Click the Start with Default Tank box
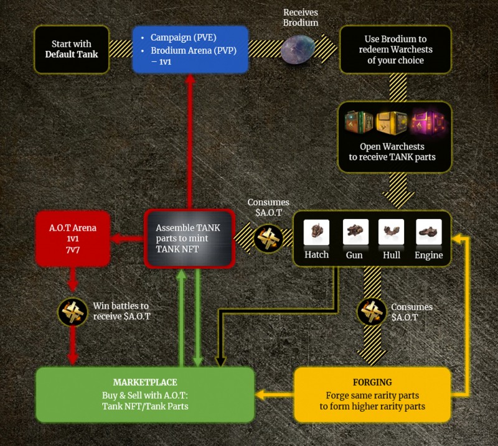[72, 49]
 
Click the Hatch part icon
[316, 232]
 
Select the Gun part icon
[355, 232]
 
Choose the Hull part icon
[392, 232]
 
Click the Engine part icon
[428, 232]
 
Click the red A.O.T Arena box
[73, 239]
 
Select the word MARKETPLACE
[146, 382]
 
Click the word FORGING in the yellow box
[371, 382]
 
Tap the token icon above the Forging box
[372, 312]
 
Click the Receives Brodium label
[301, 17]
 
